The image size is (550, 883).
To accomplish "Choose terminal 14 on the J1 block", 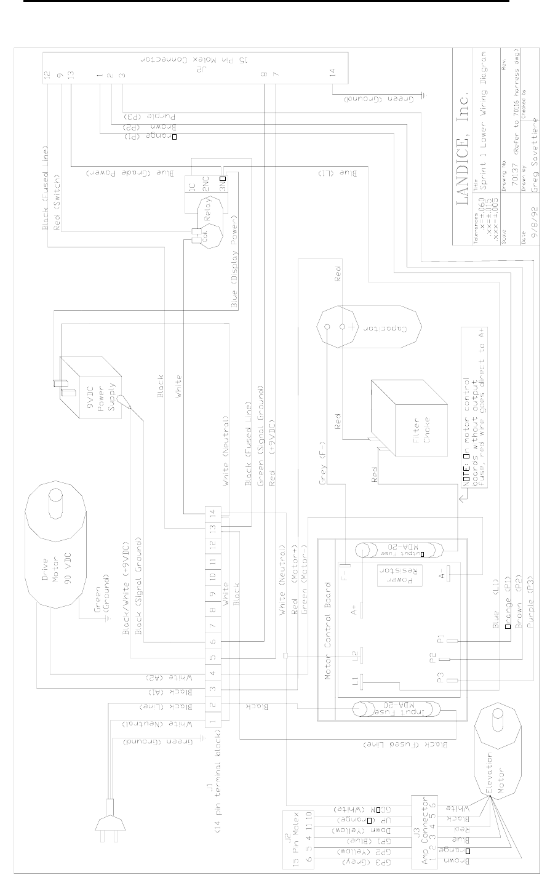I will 213,513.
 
